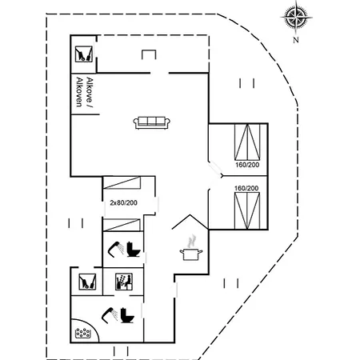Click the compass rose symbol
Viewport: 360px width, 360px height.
click(x=296, y=17)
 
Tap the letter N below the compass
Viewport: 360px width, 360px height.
click(x=296, y=40)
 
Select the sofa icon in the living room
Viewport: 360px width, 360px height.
click(x=152, y=122)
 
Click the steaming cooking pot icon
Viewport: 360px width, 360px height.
click(x=191, y=247)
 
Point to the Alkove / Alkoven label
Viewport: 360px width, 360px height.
click(x=85, y=92)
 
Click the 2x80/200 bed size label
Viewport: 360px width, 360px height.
click(x=123, y=203)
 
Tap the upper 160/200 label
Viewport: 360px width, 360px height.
click(x=247, y=165)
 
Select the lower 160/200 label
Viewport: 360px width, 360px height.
click(x=246, y=188)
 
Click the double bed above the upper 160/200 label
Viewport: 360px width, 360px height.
click(x=247, y=142)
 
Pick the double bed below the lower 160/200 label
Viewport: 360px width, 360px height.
click(x=247, y=210)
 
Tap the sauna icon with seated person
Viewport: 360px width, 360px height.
click(x=124, y=282)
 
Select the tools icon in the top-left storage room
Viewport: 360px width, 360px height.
click(x=84, y=54)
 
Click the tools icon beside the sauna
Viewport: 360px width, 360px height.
click(x=87, y=282)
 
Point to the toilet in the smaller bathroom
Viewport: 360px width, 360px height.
click(x=134, y=250)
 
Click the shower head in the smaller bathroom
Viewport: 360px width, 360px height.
click(x=116, y=248)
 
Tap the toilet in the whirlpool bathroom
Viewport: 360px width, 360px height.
click(x=127, y=315)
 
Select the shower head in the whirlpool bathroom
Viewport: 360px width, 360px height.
click(x=110, y=314)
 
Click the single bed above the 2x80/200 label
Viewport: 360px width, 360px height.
click(x=122, y=182)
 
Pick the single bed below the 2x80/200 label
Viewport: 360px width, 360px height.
click(x=122, y=225)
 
